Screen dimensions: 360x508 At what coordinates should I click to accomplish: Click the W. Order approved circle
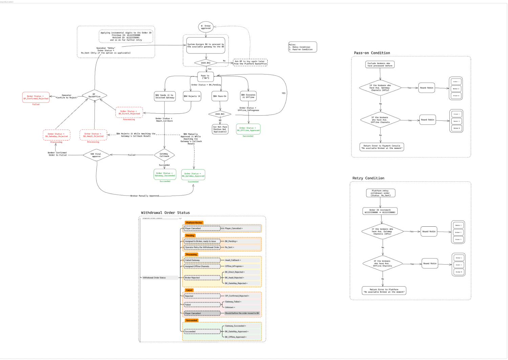coord(206,27)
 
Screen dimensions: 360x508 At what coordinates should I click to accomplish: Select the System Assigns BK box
coord(206,45)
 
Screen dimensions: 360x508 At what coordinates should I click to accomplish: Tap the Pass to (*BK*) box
coord(205,77)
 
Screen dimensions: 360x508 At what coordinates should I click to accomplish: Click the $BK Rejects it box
coord(192,96)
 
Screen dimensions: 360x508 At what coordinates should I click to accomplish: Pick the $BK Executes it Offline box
coord(248,96)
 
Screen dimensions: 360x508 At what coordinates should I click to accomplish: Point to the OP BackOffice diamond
coord(94,95)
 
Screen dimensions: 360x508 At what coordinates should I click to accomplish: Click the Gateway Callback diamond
coord(164,155)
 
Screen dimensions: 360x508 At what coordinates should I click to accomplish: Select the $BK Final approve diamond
coord(96,155)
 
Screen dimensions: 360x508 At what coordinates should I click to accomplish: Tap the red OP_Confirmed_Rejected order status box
coord(36,97)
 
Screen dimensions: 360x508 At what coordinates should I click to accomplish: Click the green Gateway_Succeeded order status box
coord(165,174)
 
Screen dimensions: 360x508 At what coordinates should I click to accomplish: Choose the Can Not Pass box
coord(220,129)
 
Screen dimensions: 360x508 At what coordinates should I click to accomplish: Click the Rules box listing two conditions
coord(302,47)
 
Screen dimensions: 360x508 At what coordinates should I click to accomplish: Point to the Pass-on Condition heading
coord(372,53)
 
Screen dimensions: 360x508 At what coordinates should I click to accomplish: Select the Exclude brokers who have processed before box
coord(380,65)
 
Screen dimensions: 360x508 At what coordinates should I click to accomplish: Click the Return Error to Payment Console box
coord(382,147)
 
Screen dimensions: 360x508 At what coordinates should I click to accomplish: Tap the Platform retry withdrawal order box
coord(381,193)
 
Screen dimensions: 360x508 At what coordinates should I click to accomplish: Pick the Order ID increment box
coord(380,211)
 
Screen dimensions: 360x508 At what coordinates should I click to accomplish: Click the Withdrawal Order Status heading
coord(165,213)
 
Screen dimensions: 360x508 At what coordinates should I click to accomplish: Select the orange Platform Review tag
coord(194,223)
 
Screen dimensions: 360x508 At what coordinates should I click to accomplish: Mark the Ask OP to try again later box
coord(250,63)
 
